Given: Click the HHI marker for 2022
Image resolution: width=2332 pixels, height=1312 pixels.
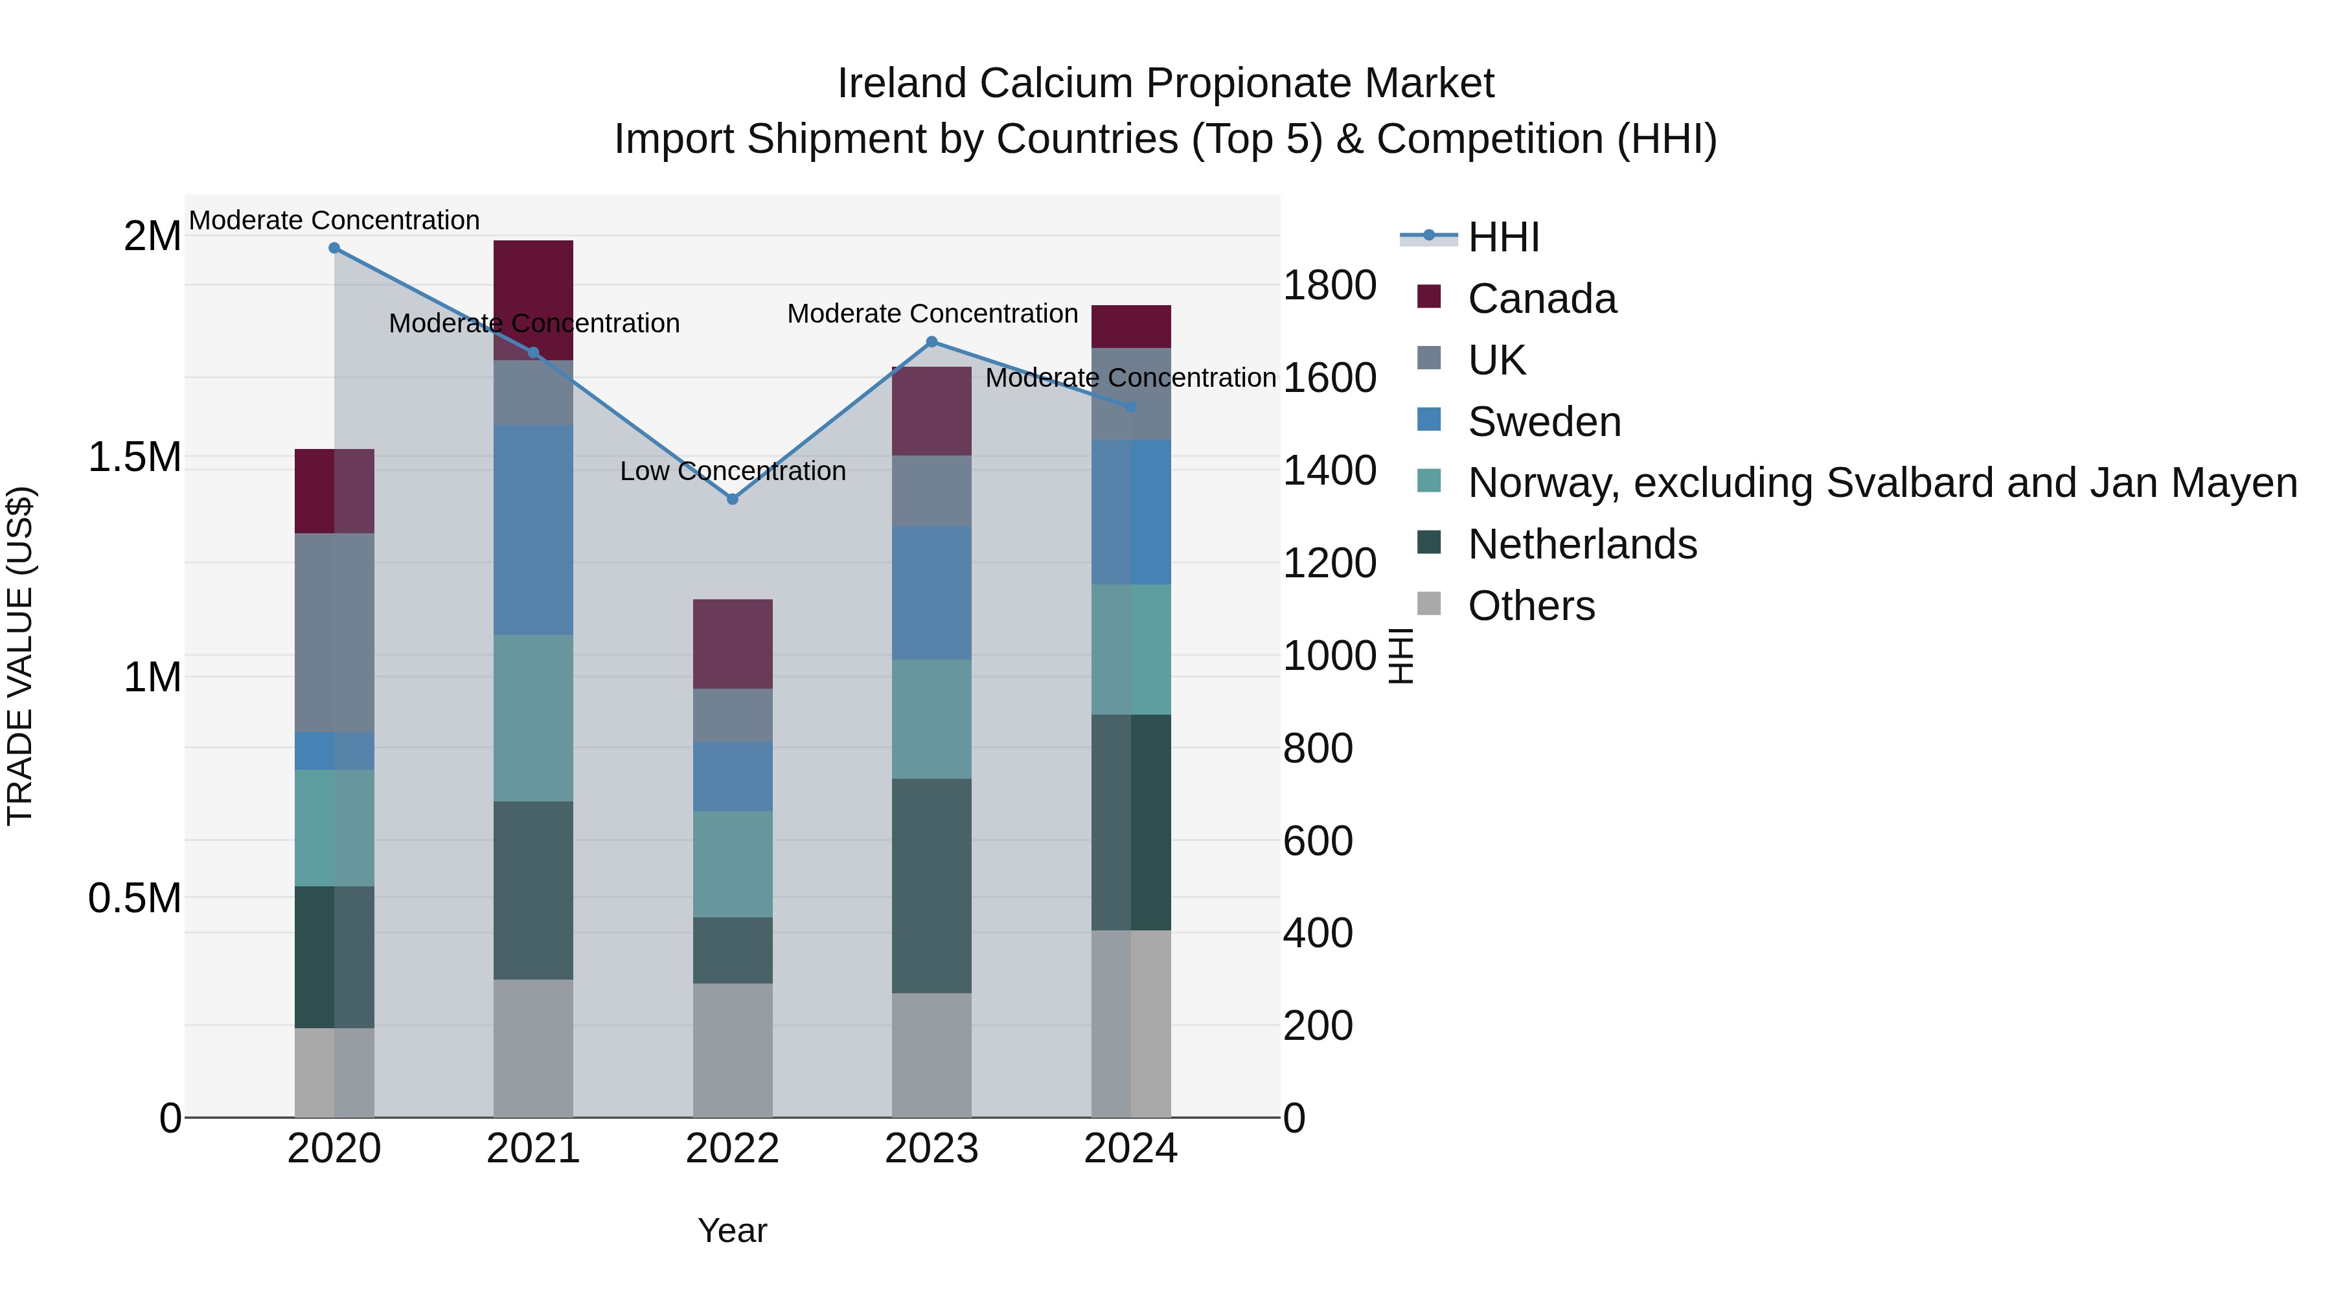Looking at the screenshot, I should point(733,499).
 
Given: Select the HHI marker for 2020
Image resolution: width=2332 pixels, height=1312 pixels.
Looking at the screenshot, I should point(334,248).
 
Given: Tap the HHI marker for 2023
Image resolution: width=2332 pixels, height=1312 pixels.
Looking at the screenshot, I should point(932,342).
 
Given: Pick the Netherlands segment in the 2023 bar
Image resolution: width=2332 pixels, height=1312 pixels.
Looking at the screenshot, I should point(932,886).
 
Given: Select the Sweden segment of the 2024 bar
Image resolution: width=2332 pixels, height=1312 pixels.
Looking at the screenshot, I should point(1130,512).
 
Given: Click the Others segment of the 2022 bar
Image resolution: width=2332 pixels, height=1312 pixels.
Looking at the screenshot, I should point(733,1050).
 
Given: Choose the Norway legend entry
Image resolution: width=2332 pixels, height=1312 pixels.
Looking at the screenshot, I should point(1881,483).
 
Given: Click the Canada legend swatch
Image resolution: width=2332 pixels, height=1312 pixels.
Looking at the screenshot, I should point(1428,297).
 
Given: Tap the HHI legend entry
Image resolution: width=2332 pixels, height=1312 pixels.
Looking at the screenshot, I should point(1503,237).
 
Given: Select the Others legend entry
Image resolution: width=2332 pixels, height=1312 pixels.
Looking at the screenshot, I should point(1531,606).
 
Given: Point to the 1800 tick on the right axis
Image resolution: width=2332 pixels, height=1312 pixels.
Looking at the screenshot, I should point(1329,285).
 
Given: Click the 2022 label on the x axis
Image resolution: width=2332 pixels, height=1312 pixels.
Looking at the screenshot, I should point(733,1149).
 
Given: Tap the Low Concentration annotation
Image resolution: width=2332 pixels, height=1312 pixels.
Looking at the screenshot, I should point(733,471).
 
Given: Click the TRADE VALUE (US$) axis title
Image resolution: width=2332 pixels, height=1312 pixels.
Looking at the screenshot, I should point(20,656).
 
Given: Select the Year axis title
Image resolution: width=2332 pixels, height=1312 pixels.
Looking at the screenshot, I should point(733,1230).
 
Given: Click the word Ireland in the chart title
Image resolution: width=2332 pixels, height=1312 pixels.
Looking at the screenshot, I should point(902,84).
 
